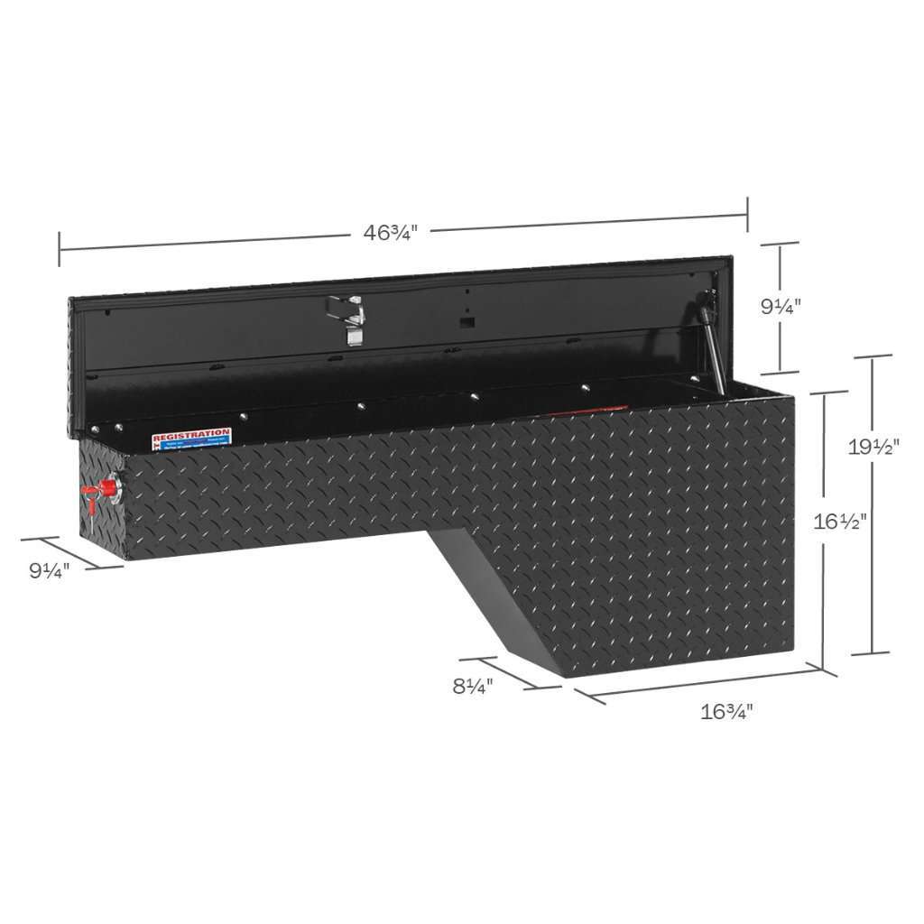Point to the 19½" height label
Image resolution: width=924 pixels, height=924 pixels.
click(873, 446)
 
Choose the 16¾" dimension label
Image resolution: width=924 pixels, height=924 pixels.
click(726, 710)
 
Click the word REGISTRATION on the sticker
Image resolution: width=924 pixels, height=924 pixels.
click(191, 433)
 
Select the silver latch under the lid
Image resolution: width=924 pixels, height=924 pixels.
click(353, 322)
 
